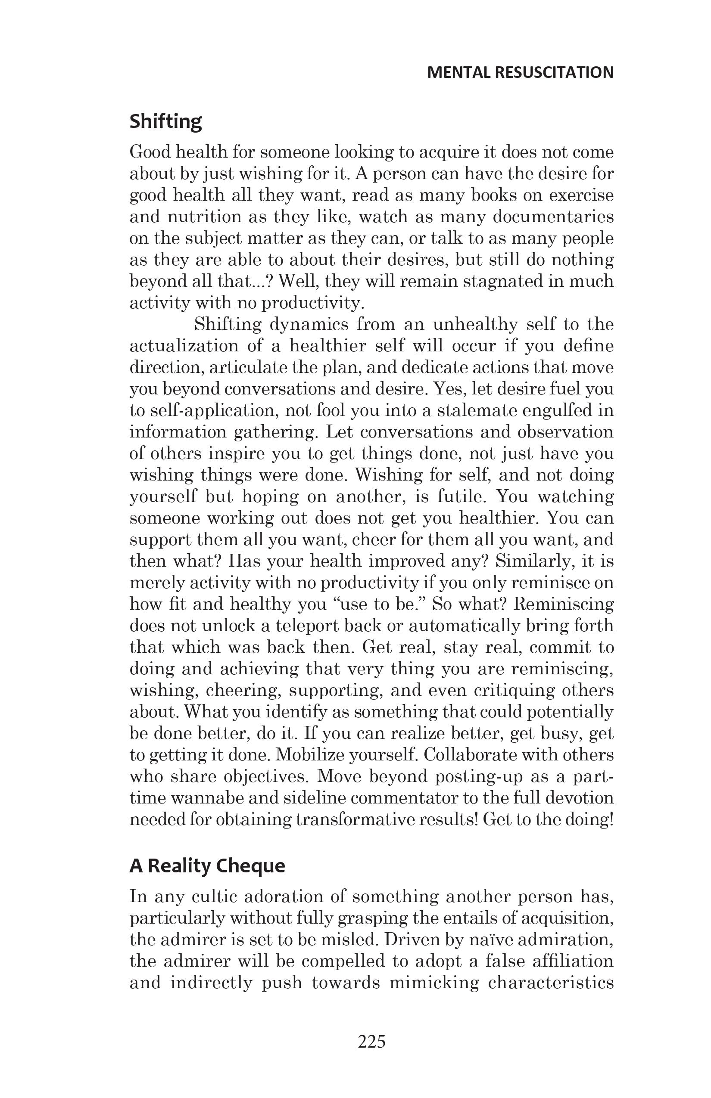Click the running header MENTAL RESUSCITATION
click(x=521, y=72)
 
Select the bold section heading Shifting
click(x=165, y=121)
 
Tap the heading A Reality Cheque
click(x=207, y=866)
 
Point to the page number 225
click(x=371, y=1042)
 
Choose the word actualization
click(x=190, y=346)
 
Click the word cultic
click(x=214, y=897)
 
